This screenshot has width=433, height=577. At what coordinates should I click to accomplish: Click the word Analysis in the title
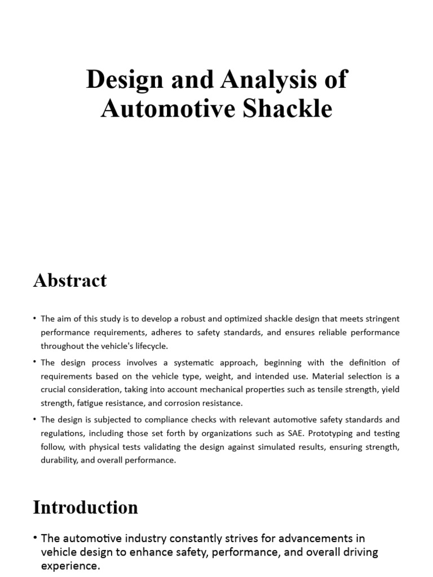[x=259, y=80]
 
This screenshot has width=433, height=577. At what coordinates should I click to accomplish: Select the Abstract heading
[x=70, y=280]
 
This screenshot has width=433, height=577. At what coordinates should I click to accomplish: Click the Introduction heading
[x=85, y=507]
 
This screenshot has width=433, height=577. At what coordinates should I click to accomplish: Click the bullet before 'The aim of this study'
[x=35, y=319]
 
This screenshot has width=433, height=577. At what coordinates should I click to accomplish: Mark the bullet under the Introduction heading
[x=36, y=539]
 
